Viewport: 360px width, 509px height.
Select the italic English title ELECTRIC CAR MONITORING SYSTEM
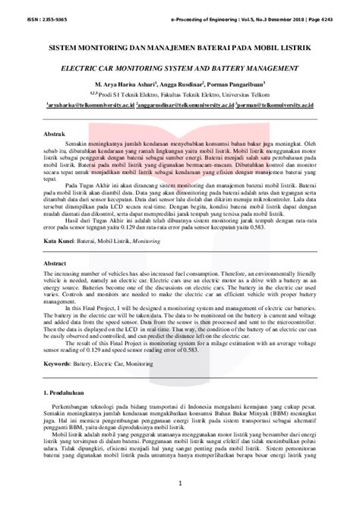[x=179, y=68]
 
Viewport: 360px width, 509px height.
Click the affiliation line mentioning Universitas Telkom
[x=179, y=94]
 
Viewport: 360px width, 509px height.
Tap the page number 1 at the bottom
[x=179, y=482]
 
